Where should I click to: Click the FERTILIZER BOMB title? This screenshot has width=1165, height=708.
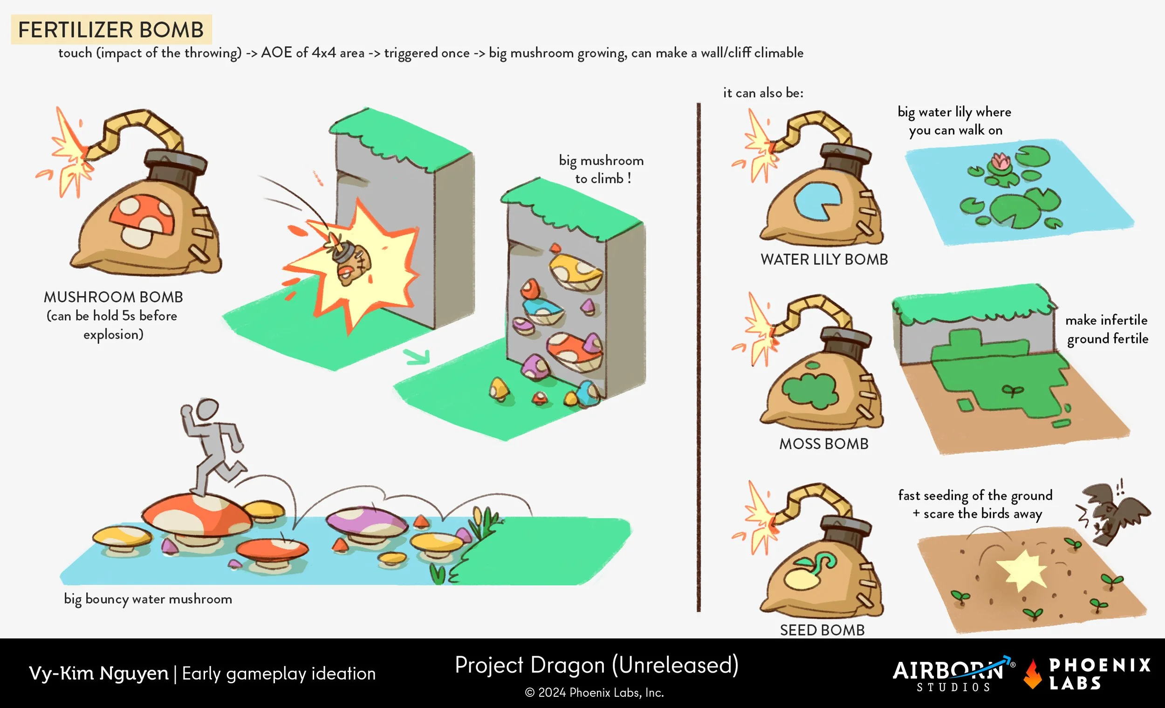110,30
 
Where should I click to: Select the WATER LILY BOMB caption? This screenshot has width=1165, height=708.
823,260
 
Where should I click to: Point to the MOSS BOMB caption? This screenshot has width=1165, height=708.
823,444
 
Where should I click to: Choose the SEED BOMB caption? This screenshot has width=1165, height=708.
822,630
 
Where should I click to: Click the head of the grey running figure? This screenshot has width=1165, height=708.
207,410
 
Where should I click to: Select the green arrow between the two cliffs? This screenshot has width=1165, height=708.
417,357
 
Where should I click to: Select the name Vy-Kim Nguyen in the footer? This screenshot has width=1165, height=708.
99,674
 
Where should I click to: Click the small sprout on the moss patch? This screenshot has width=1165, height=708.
1012,391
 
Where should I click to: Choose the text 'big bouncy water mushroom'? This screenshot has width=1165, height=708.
148,599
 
